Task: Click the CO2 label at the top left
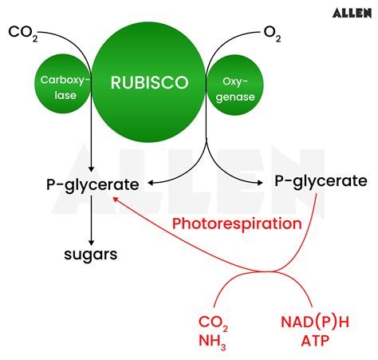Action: [x=23, y=33]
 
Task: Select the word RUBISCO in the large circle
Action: [x=149, y=81]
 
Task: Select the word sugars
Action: [x=91, y=255]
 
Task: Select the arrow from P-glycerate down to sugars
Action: [x=92, y=219]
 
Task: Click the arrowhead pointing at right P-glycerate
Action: [x=263, y=182]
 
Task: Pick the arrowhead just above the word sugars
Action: [x=92, y=240]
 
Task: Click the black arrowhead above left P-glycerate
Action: [x=92, y=168]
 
